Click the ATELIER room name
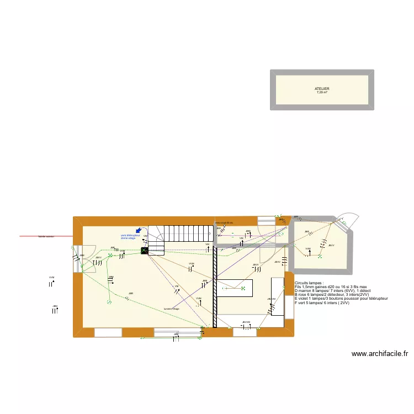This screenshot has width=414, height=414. point(322,89)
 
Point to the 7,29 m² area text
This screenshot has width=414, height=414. point(322,92)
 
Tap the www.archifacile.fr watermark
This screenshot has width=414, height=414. point(379,354)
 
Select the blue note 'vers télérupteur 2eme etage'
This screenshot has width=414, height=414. point(130,237)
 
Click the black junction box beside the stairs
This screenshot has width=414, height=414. point(145,251)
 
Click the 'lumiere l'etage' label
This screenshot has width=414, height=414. point(171,309)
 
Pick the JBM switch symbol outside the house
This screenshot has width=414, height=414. point(55,310)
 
